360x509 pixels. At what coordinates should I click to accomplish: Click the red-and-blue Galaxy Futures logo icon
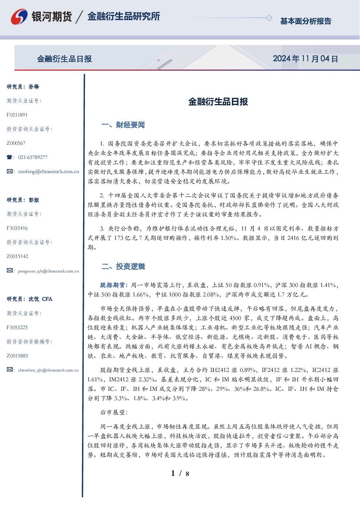(x=19, y=17)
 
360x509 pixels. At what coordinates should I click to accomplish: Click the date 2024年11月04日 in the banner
(x=305, y=59)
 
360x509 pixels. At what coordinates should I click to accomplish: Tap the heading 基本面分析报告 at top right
(x=306, y=21)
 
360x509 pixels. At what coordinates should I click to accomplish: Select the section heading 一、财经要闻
(x=123, y=125)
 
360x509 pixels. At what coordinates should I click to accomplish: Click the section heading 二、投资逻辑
(x=123, y=266)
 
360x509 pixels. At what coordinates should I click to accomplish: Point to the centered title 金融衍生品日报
(x=218, y=102)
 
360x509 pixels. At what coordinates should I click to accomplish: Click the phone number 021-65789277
(x=33, y=157)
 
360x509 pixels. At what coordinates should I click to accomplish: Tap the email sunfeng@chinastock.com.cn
(x=49, y=172)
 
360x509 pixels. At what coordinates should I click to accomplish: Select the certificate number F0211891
(x=17, y=115)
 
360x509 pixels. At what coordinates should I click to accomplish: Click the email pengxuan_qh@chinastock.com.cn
(x=49, y=271)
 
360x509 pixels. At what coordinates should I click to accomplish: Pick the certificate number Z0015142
(x=17, y=256)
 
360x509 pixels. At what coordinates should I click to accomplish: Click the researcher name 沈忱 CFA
(x=40, y=299)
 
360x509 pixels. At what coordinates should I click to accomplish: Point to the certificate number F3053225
(x=17, y=328)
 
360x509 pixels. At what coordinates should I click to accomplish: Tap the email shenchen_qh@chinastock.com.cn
(x=48, y=370)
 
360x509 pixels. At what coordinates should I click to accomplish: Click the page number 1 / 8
(x=180, y=473)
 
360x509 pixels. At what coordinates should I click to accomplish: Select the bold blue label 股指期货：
(x=115, y=285)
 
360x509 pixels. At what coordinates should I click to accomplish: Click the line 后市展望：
(x=114, y=412)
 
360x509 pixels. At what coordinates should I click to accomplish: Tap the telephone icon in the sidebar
(x=9, y=157)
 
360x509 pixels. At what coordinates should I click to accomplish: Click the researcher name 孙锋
(x=34, y=87)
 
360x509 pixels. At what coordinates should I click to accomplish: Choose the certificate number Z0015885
(x=17, y=356)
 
